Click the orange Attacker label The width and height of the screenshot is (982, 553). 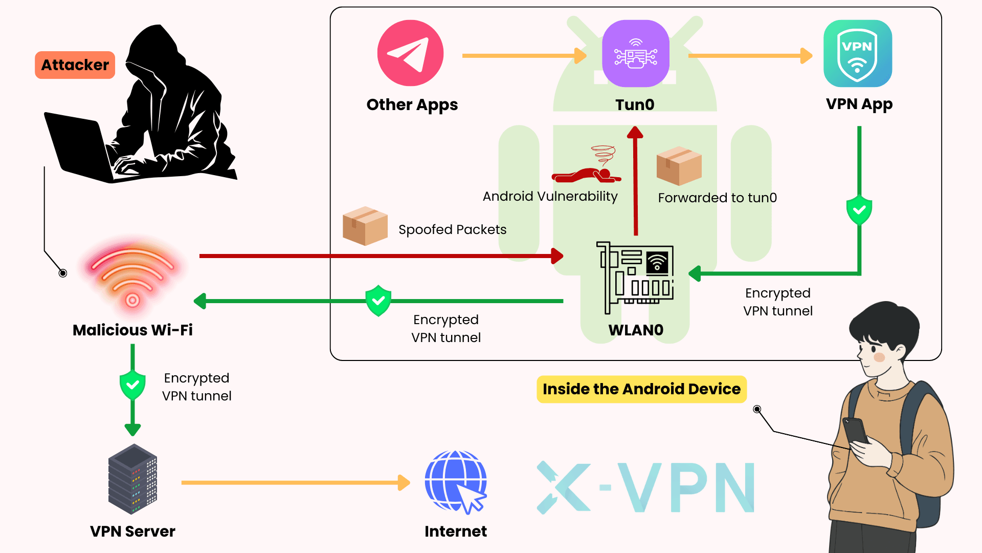tap(75, 65)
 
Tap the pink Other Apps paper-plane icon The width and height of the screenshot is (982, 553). tap(410, 53)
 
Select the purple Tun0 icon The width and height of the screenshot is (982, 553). tap(635, 53)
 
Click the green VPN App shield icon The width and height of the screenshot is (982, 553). tap(858, 53)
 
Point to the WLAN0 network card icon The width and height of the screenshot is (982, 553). tap(635, 277)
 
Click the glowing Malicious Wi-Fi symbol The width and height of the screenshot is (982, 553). tap(132, 276)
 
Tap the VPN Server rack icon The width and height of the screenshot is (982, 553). tap(132, 479)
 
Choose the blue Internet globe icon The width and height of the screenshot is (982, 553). tap(455, 482)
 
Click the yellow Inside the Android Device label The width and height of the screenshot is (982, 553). tap(641, 389)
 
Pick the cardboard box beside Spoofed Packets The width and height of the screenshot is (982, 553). tap(365, 226)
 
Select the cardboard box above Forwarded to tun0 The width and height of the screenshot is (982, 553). tap(679, 166)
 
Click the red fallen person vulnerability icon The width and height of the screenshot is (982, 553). tap(588, 169)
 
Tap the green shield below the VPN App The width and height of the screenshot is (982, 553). tap(859, 210)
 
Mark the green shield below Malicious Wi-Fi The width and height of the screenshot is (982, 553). tap(132, 385)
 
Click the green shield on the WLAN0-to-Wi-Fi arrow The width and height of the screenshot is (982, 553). tap(378, 301)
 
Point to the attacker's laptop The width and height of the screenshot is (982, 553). tap(82, 148)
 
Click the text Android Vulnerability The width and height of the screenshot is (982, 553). tap(550, 197)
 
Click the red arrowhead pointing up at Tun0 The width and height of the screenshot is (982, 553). tap(635, 133)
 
